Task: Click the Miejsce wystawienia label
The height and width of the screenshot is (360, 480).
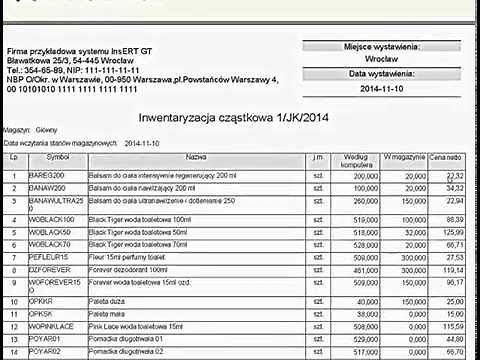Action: click(381, 45)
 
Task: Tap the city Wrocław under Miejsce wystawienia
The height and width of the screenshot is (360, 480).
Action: click(381, 60)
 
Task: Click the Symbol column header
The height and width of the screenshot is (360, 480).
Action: click(58, 158)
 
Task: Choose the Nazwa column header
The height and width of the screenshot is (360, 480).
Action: click(196, 158)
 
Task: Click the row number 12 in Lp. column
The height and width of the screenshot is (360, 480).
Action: click(14, 326)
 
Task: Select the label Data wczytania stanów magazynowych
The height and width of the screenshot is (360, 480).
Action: click(61, 142)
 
